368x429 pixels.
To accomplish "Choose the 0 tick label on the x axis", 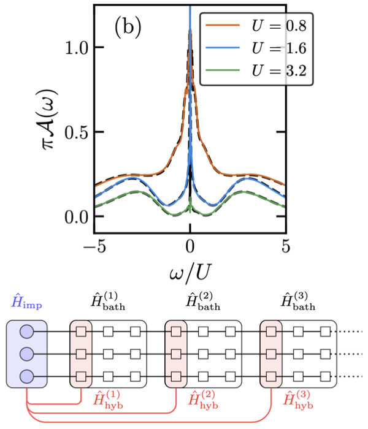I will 190,248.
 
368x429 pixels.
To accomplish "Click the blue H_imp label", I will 28,302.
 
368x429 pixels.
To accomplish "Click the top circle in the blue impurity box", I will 27,332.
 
